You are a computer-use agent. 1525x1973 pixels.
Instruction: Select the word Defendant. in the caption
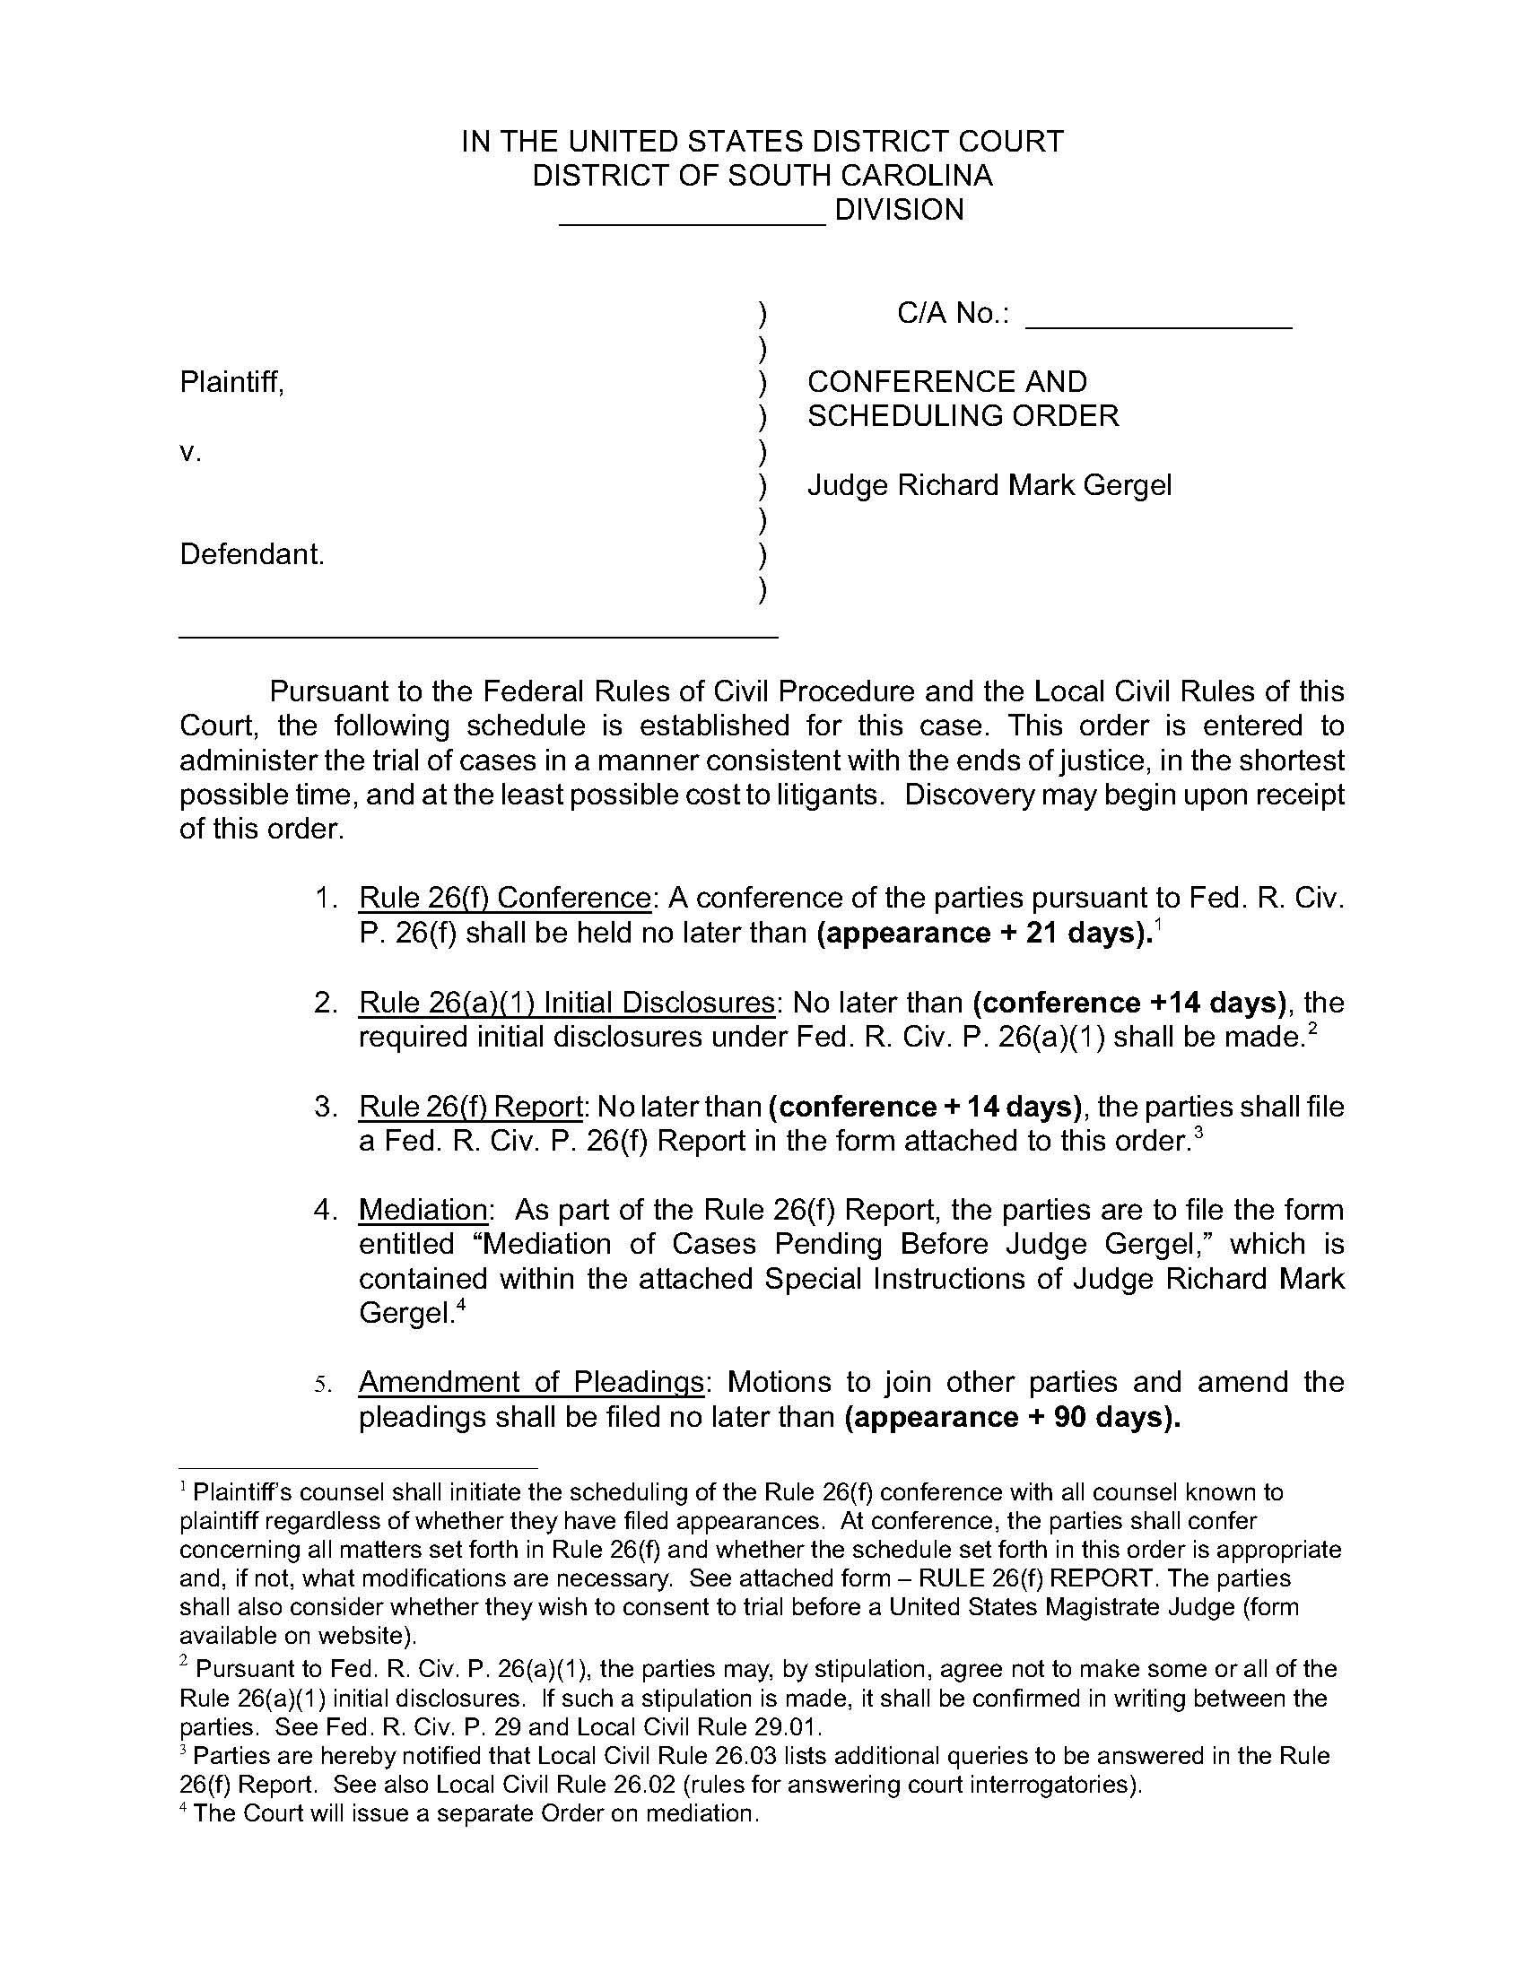(252, 553)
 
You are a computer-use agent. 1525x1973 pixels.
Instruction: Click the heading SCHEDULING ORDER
(963, 415)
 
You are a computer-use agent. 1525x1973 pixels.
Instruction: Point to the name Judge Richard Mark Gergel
(989, 485)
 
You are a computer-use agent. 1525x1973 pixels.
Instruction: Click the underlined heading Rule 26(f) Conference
(504, 898)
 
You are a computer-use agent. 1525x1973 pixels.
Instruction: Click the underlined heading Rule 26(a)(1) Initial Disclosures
(566, 1003)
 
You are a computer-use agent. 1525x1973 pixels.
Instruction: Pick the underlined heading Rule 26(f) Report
(470, 1107)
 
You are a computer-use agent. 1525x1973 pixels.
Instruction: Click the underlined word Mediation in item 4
(423, 1210)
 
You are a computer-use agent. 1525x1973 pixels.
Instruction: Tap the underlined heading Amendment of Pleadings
(530, 1382)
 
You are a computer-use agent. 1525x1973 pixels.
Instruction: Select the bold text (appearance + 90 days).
(1013, 1416)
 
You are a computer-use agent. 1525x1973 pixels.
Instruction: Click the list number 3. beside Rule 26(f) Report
(327, 1107)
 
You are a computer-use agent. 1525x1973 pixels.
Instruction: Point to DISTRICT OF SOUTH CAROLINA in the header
(762, 175)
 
